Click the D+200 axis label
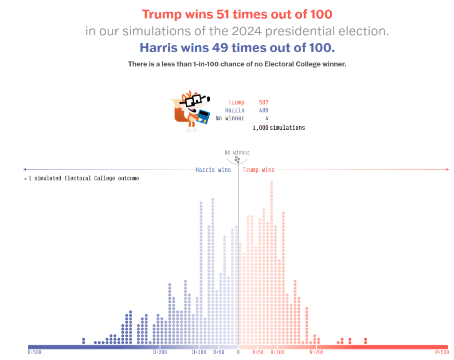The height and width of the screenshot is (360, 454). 160,352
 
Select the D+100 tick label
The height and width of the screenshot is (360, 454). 199,352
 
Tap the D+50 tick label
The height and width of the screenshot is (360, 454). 219,352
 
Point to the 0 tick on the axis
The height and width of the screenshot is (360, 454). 238,352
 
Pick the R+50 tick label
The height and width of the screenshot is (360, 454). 258,352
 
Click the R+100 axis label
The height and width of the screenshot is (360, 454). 278,352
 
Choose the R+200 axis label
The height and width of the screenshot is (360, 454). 316,352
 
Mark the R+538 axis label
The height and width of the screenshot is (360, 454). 442,352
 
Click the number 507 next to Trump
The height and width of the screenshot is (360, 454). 263,102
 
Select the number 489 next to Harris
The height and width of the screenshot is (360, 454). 263,110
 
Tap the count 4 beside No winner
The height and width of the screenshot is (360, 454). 266,118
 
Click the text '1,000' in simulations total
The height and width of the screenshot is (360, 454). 260,128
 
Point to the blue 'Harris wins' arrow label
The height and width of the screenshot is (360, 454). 213,170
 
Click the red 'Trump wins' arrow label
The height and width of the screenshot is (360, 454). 258,170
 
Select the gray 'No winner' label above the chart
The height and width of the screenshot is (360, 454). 237,153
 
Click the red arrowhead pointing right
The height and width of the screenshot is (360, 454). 447,170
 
